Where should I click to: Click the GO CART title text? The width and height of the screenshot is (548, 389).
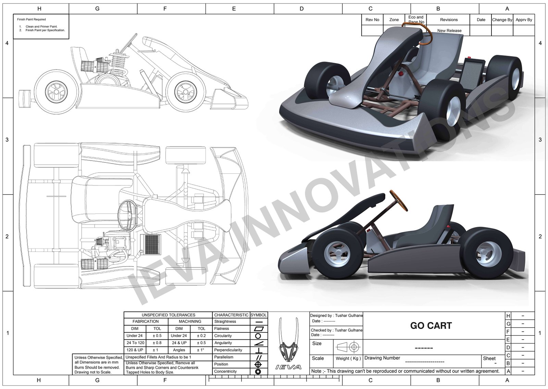pyautogui.click(x=431, y=326)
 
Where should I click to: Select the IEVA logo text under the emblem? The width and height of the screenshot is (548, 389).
pyautogui.click(x=288, y=367)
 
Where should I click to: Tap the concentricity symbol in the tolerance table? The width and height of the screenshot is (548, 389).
pyautogui.click(x=258, y=372)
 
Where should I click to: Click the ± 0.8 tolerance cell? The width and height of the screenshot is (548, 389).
pyautogui.click(x=157, y=343)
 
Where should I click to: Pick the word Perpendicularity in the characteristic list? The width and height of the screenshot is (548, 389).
pyautogui.click(x=228, y=350)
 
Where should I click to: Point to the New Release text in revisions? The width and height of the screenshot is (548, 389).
pyautogui.click(x=449, y=31)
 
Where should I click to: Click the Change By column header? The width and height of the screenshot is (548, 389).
pyautogui.click(x=502, y=20)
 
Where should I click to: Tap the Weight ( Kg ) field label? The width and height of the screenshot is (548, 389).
pyautogui.click(x=348, y=358)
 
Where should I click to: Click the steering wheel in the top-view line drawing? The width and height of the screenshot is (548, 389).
pyautogui.click(x=128, y=215)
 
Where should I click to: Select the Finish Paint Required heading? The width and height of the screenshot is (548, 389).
pyautogui.click(x=32, y=20)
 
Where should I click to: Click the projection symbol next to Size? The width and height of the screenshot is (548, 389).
pyautogui.click(x=348, y=347)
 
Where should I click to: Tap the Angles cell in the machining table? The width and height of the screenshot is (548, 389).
pyautogui.click(x=179, y=350)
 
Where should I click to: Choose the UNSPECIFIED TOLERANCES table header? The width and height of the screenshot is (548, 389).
pyautogui.click(x=168, y=315)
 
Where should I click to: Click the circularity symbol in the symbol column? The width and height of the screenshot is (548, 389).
pyautogui.click(x=258, y=336)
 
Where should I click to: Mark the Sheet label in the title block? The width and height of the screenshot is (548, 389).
pyautogui.click(x=489, y=358)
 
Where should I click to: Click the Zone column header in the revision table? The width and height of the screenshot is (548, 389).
pyautogui.click(x=394, y=20)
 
